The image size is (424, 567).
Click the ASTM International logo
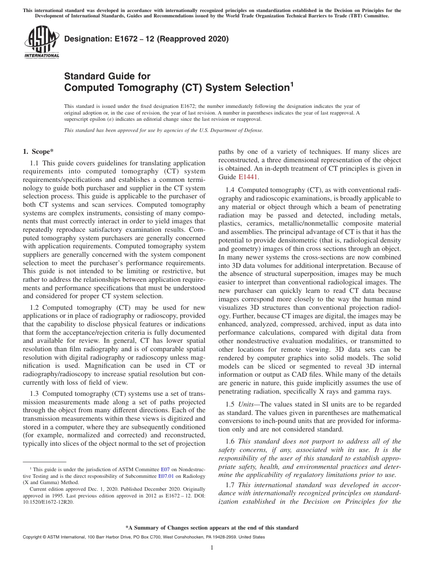tap(42, 42)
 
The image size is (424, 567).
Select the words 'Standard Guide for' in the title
tap(107, 76)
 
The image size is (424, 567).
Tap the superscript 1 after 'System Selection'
tap(292, 84)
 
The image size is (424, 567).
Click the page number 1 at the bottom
tap(212, 548)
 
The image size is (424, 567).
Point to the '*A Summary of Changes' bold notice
tap(212, 528)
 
